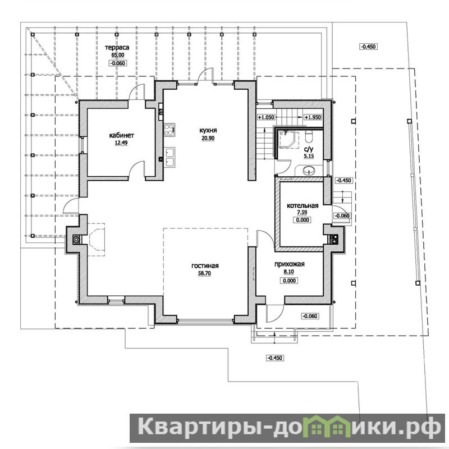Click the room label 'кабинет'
click(121, 135)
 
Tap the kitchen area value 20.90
click(208, 138)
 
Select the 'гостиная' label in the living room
click(205, 265)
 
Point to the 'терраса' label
click(117, 48)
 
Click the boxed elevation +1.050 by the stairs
click(266, 117)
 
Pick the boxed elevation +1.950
click(313, 117)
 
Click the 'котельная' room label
click(303, 205)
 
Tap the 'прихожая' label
click(289, 264)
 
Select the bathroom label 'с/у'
click(309, 149)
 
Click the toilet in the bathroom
click(309, 136)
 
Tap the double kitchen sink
click(169, 157)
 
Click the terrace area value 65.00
click(118, 55)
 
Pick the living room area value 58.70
click(204, 273)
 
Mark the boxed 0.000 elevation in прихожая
click(289, 281)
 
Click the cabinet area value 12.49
click(121, 143)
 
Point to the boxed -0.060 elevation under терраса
click(118, 63)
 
